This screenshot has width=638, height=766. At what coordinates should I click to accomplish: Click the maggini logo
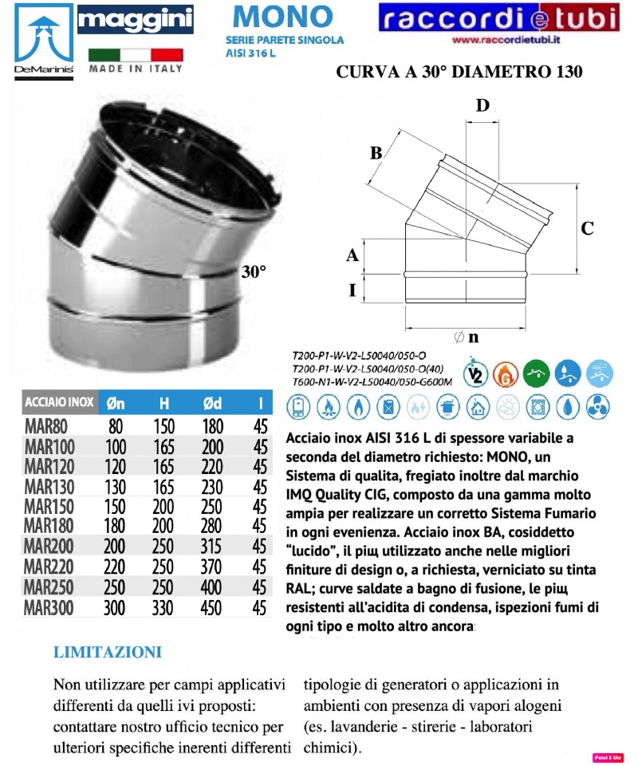tap(135, 19)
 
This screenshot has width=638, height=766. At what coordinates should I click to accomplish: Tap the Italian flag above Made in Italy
tap(135, 55)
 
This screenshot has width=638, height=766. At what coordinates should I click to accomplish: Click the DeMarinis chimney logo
tap(37, 40)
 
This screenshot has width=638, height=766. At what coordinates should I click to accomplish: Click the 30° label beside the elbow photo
tap(253, 271)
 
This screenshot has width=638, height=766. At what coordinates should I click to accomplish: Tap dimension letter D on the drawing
tap(482, 105)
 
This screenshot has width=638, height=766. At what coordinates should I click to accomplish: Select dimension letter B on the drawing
tap(376, 152)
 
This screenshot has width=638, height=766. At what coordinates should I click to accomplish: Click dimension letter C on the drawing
tap(587, 228)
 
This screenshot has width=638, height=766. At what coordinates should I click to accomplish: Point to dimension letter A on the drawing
tap(352, 255)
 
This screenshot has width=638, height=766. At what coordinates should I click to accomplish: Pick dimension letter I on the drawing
tap(352, 290)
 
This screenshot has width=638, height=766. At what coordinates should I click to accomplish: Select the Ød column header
tap(211, 403)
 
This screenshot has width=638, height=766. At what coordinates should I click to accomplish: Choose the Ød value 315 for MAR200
tap(211, 547)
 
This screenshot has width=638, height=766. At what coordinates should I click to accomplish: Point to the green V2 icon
tap(476, 373)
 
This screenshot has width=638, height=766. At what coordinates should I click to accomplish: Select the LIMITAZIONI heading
tap(107, 653)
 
